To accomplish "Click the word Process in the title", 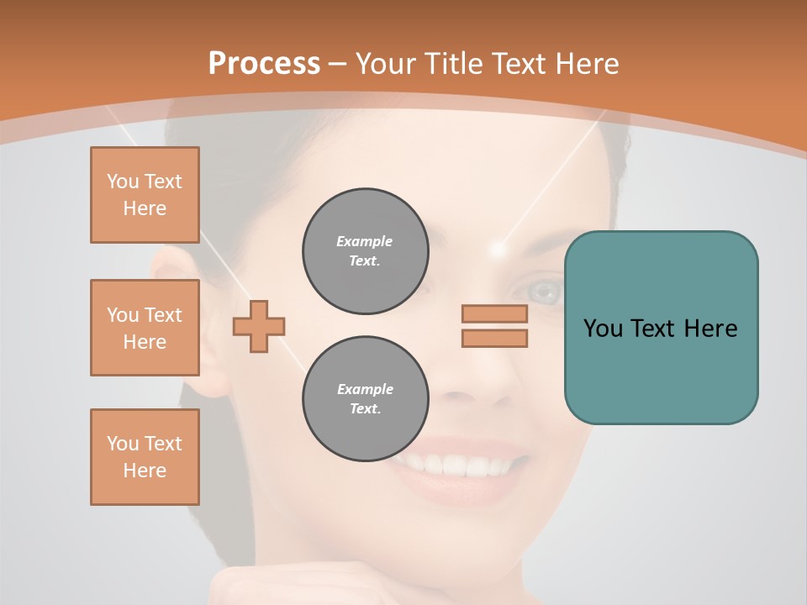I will (x=264, y=64).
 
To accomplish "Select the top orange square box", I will (x=145, y=195).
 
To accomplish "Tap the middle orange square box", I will (x=145, y=328).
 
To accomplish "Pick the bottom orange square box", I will (x=145, y=457).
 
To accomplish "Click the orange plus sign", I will (x=259, y=326).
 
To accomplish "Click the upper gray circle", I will (x=365, y=251).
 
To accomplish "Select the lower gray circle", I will (x=365, y=399).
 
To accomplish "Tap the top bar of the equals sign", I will (x=494, y=313).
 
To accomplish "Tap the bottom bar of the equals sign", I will (x=494, y=338).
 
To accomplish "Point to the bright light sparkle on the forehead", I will (x=499, y=249).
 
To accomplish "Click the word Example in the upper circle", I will (x=364, y=241).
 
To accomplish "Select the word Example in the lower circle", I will (x=365, y=389).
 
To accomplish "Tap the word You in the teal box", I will (x=603, y=329).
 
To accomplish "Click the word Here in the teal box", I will (x=710, y=329).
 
